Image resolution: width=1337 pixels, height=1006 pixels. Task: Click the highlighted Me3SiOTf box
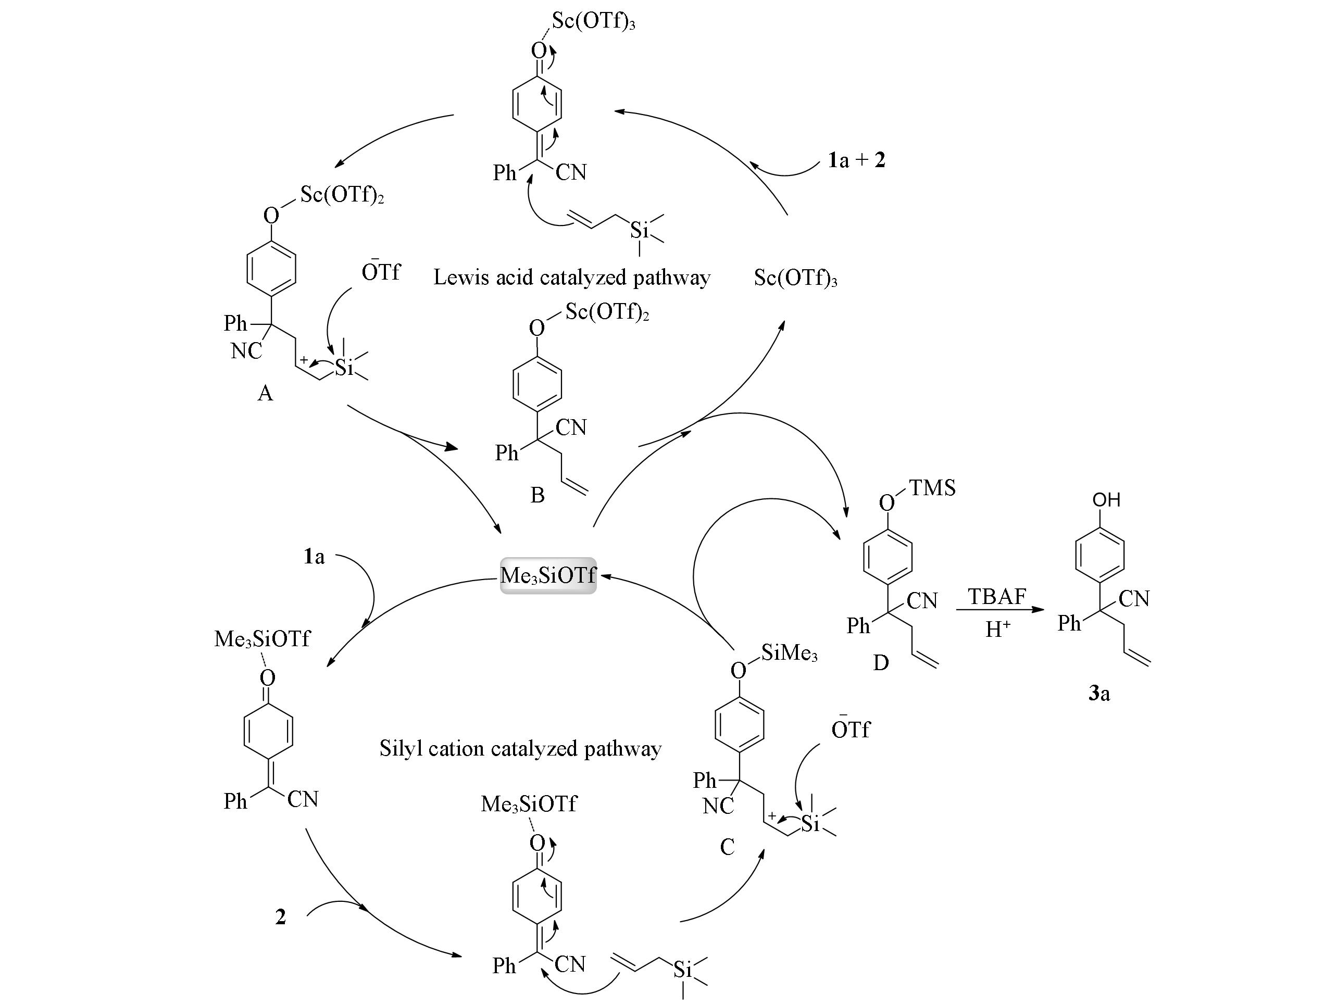(x=547, y=575)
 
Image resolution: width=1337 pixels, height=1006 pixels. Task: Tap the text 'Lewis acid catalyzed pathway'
(x=571, y=278)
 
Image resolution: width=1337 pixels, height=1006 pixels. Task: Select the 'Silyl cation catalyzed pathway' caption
(x=520, y=749)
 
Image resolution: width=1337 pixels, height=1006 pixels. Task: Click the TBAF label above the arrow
(x=997, y=596)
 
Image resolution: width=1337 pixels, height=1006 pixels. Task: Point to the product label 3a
(x=1099, y=694)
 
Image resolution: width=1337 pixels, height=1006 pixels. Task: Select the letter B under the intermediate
(x=537, y=495)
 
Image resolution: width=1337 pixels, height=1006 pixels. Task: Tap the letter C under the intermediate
(x=727, y=847)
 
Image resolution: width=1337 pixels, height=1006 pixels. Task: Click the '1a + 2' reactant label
(x=856, y=160)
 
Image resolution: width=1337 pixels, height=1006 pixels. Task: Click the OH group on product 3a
(x=1106, y=500)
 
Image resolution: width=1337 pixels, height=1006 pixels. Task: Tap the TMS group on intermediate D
(x=932, y=487)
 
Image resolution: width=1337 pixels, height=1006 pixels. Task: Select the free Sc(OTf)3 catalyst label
(x=795, y=278)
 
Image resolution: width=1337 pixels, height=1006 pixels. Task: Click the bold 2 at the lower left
(x=280, y=917)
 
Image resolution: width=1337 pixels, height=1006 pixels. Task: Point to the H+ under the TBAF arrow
(x=997, y=630)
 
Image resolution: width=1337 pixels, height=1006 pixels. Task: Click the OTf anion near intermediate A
(x=381, y=272)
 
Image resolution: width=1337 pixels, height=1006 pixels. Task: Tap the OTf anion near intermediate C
(x=851, y=730)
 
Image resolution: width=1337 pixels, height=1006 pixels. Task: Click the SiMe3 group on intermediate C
(x=789, y=652)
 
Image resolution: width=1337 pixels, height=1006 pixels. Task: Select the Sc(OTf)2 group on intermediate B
(x=607, y=312)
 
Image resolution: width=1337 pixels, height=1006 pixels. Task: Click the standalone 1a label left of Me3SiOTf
(x=314, y=557)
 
